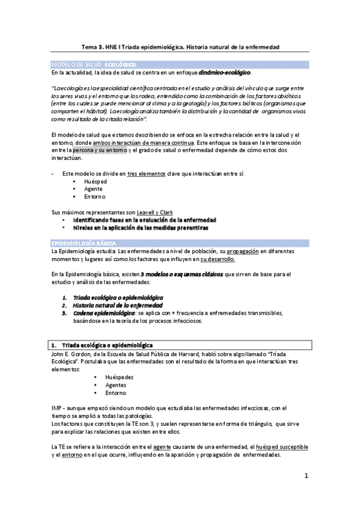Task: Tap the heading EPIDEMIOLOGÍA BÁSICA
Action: [79, 242]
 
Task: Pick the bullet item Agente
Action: [94, 188]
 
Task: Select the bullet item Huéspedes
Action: [118, 377]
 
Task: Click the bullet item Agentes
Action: [116, 385]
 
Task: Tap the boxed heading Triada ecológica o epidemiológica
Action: [106, 345]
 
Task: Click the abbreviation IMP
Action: [57, 408]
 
